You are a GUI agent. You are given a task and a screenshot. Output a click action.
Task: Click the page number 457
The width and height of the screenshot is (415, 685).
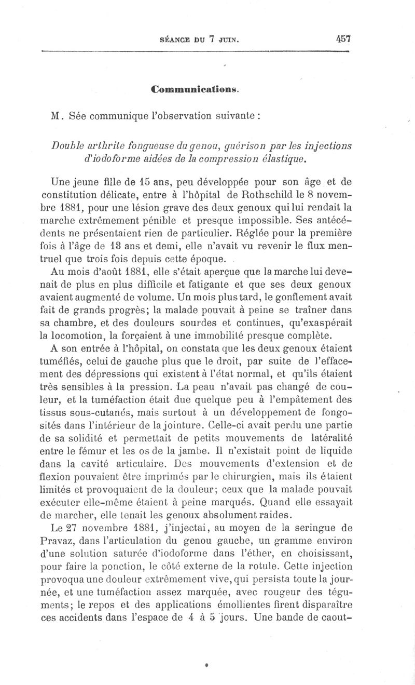(343, 38)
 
